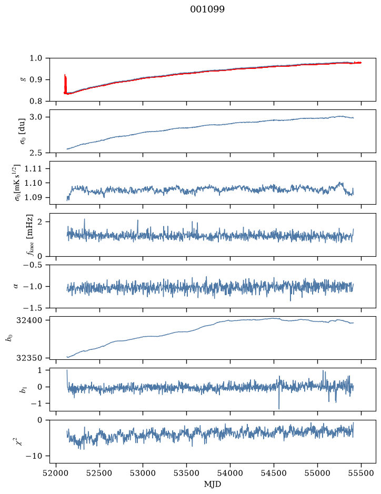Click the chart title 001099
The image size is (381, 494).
(207, 9)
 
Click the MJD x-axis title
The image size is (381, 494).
(213, 484)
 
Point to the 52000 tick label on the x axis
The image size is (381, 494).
(56, 473)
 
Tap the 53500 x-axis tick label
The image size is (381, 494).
(187, 473)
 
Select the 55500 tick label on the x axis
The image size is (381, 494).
(361, 473)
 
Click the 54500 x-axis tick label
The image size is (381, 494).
(274, 473)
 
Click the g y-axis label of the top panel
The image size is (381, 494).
(22, 80)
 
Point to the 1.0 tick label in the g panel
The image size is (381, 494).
(36, 58)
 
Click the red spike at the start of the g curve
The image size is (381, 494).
(65, 84)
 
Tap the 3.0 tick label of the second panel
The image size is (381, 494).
(36, 117)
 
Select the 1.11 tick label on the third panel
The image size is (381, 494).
(33, 168)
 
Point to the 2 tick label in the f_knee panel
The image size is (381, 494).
(39, 222)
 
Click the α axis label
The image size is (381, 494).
(16, 286)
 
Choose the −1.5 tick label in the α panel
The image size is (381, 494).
(33, 308)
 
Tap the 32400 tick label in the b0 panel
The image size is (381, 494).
(29, 320)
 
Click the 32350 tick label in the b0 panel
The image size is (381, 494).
(29, 358)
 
